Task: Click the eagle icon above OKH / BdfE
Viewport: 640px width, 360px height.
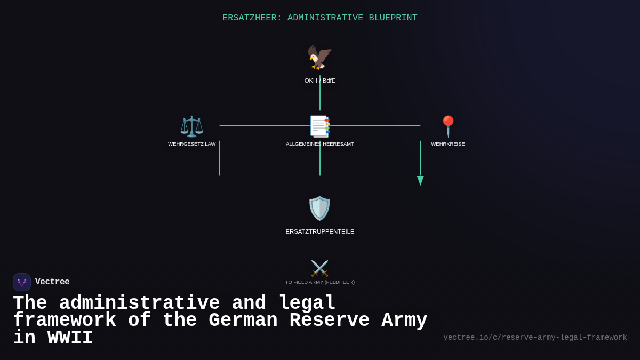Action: (319, 57)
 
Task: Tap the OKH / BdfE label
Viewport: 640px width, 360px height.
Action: (320, 81)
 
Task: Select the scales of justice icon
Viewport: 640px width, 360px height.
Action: (191, 126)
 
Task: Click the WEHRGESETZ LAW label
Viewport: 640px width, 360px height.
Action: (192, 144)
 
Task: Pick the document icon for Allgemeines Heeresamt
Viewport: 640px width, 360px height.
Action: (320, 126)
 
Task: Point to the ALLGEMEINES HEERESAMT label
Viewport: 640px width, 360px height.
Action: (320, 144)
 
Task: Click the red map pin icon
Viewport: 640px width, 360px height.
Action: (448, 126)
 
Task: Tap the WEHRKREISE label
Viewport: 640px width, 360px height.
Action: (448, 144)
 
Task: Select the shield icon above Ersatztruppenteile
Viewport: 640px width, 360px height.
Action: (319, 208)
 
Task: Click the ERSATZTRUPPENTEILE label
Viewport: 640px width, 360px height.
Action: (320, 231)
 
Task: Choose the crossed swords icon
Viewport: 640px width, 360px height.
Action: (319, 268)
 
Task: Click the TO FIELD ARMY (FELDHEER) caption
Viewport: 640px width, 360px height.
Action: (320, 282)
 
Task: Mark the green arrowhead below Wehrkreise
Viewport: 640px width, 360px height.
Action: (420, 181)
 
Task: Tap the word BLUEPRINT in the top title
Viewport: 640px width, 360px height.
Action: (393, 18)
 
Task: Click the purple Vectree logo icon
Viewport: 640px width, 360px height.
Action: (22, 282)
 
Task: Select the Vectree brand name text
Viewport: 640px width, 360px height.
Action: (52, 282)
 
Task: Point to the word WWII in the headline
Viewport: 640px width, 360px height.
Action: (70, 338)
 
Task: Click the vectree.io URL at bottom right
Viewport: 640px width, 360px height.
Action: (535, 338)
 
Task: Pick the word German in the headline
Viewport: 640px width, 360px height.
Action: (243, 321)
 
